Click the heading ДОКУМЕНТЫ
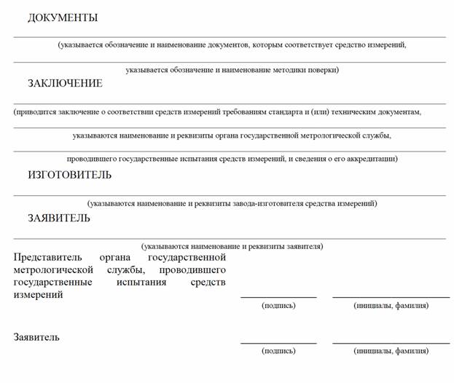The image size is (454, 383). click(x=63, y=18)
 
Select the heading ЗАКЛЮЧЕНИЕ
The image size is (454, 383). click(x=65, y=84)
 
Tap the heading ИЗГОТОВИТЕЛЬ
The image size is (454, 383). click(x=70, y=175)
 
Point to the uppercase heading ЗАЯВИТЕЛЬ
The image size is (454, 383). click(x=59, y=218)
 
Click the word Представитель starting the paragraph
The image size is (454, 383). click(x=45, y=258)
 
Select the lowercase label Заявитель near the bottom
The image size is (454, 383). click(x=36, y=338)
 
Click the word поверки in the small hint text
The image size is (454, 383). click(x=323, y=70)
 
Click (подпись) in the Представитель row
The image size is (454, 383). click(x=278, y=306)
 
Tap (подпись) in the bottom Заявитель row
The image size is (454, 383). click(x=278, y=351)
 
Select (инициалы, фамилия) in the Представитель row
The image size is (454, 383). click(x=391, y=306)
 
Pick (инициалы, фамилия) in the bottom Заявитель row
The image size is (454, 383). click(x=391, y=351)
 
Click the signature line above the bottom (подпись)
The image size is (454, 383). click(x=278, y=342)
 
